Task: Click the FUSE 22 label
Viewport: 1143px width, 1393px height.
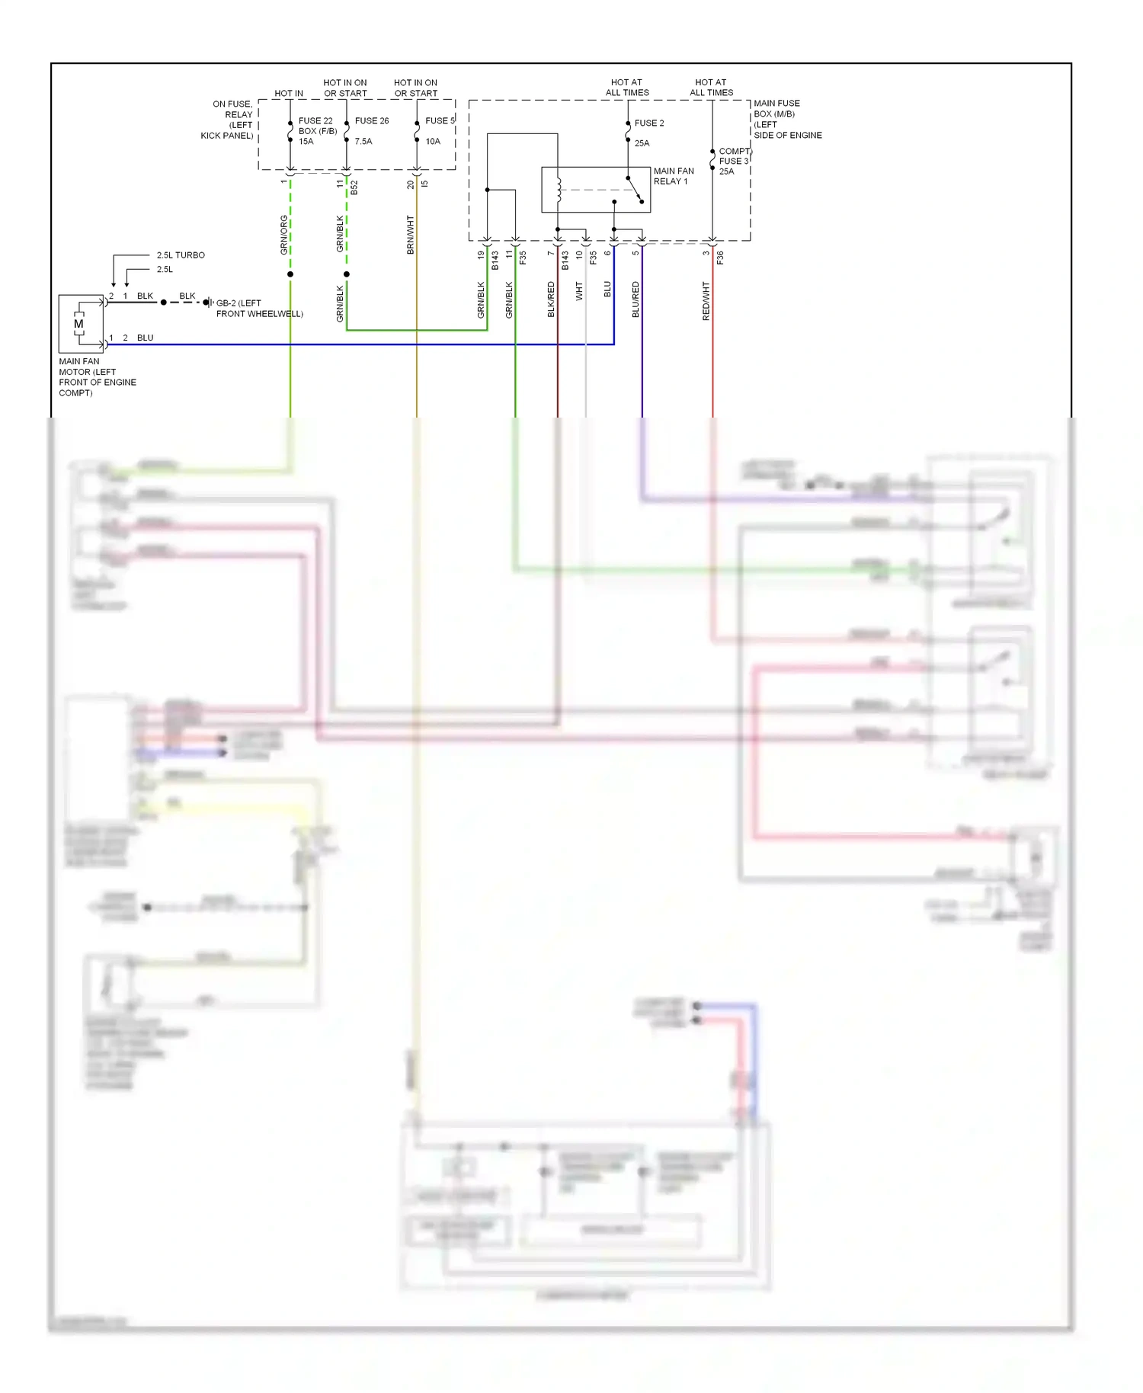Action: [315, 120]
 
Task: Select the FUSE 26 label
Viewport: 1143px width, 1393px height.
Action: [372, 120]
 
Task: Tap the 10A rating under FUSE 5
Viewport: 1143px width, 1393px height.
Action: [433, 141]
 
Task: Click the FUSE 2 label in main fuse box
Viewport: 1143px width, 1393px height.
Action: [649, 123]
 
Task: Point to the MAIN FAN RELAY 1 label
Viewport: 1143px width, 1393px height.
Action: [674, 176]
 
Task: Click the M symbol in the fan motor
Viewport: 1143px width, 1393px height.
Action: [78, 324]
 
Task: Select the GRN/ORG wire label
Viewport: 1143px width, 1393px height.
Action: [284, 235]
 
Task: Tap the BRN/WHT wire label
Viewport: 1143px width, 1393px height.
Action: [411, 235]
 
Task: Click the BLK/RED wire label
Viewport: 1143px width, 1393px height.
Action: [551, 299]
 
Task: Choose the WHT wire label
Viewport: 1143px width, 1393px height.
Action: [579, 291]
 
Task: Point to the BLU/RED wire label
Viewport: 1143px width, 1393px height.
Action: [636, 299]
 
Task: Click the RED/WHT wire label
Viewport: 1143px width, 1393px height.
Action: [706, 300]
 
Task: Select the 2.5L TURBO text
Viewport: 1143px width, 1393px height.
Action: [181, 255]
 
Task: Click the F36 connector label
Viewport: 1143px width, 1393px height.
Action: [720, 258]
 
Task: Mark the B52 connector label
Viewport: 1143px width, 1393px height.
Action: [354, 187]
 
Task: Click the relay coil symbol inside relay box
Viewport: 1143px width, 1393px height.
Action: [559, 190]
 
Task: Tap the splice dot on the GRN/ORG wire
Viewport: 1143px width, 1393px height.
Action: [290, 274]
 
